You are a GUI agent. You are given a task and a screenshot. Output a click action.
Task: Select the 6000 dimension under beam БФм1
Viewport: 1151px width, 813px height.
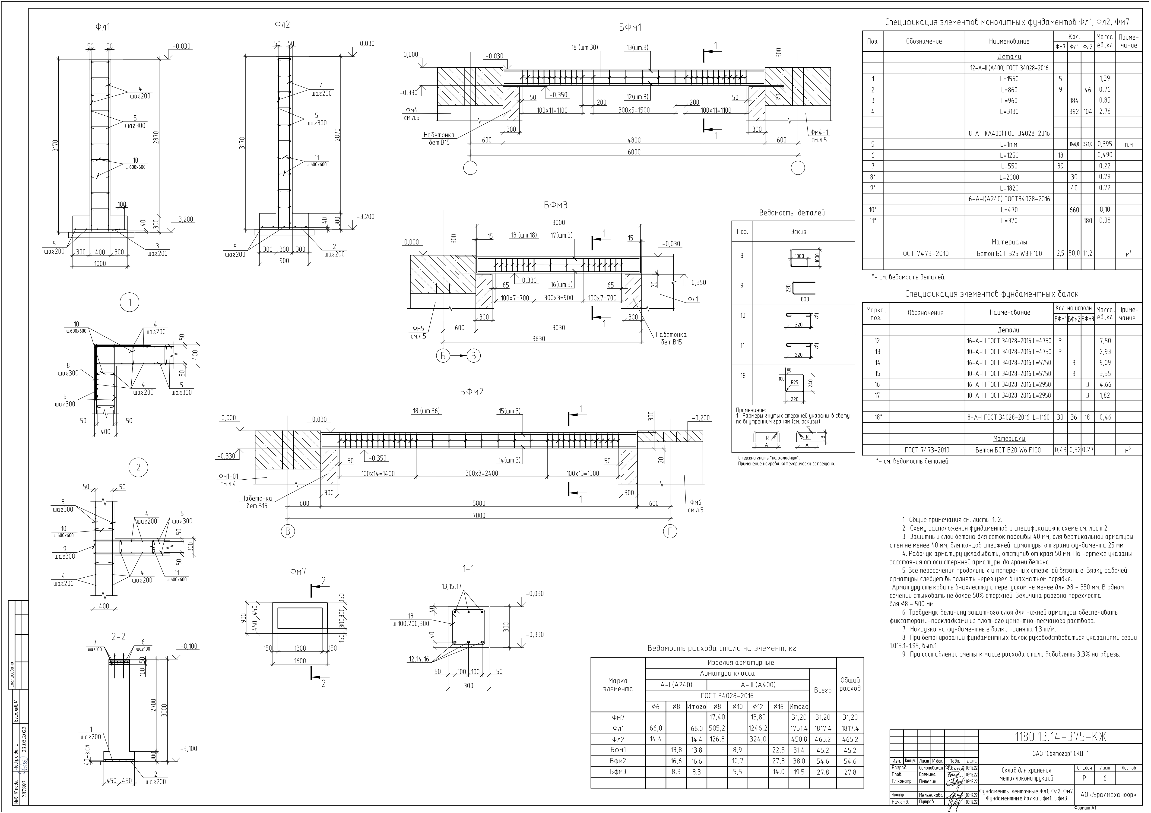pyautogui.click(x=634, y=152)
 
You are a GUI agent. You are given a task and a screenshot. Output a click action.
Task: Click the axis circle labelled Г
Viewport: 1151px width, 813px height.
pyautogui.click(x=670, y=532)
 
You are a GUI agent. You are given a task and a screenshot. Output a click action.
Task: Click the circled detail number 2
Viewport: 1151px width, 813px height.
pyautogui.click(x=138, y=468)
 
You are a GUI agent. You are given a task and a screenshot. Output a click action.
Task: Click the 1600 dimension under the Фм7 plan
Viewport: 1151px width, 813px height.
pyautogui.click(x=300, y=661)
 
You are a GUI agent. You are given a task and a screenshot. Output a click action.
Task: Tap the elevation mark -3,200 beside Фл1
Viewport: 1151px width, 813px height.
pyautogui.click(x=184, y=220)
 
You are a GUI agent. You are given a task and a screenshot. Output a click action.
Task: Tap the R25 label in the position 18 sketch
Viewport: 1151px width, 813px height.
pyautogui.click(x=794, y=383)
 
